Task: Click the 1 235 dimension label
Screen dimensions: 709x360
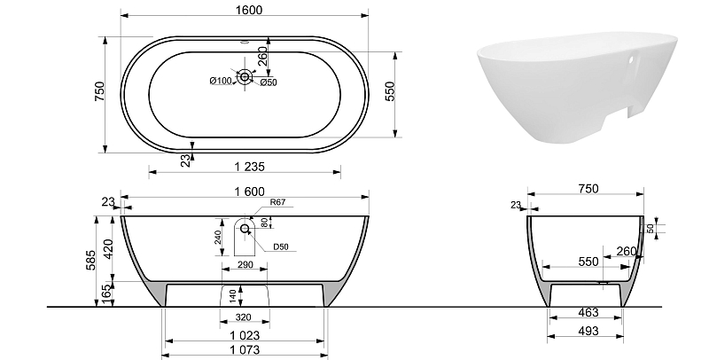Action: [x=250, y=167]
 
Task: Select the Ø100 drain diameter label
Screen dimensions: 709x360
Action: [x=221, y=81]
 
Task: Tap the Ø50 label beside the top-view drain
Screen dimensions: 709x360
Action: [x=269, y=82]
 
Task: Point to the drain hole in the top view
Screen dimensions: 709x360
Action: [x=245, y=77]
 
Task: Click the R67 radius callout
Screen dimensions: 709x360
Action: [x=277, y=202]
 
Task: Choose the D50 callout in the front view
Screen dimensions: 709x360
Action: [x=280, y=247]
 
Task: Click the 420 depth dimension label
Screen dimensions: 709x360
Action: [x=108, y=250]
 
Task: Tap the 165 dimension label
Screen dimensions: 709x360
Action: [x=108, y=294]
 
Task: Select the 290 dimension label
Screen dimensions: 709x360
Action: [x=245, y=265]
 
